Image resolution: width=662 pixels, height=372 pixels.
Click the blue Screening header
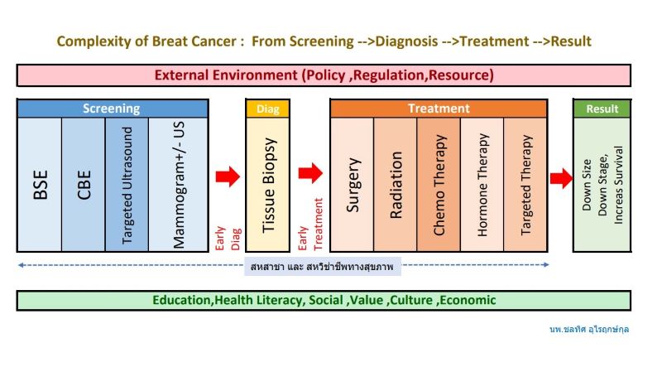coord(113,109)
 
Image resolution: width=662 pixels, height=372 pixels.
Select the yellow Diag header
coord(267,109)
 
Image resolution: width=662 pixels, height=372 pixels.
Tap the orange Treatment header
coord(439,109)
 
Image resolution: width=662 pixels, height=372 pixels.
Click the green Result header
coord(602,109)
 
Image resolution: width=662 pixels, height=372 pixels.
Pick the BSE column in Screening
coord(40,184)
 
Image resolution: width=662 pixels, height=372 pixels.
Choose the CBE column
coord(84,184)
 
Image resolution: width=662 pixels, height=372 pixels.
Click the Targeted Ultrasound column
coord(127,184)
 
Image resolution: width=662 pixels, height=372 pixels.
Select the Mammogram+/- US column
coord(178,184)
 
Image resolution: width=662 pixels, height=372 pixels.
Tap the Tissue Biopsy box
coord(267,184)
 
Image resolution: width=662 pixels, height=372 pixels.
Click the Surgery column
coord(353,184)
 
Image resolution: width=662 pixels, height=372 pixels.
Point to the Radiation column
coord(396,184)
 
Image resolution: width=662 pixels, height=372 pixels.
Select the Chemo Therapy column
coord(439,184)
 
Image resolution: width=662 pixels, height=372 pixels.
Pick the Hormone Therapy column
coord(482,184)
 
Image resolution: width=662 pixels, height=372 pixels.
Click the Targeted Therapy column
coord(525,184)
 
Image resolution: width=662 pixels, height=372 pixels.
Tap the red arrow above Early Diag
coord(228,176)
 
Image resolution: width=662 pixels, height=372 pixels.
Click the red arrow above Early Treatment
coord(310,173)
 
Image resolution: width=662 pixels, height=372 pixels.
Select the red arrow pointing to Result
coord(561,178)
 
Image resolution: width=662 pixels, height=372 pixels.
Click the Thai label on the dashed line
coord(322,267)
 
